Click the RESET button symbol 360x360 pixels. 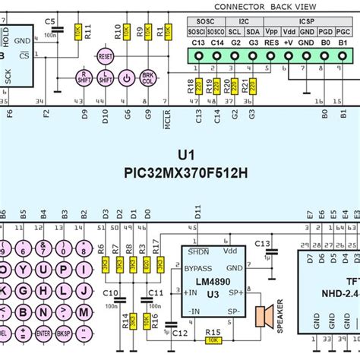tap(106, 57)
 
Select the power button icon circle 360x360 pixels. tap(126, 77)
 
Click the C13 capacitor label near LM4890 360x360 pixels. tap(262, 243)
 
